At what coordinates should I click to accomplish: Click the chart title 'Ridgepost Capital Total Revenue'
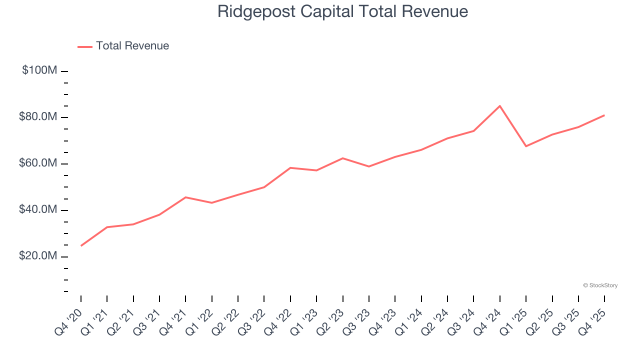(x=342, y=11)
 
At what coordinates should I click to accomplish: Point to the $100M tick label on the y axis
(x=39, y=70)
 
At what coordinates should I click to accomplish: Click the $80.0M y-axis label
(x=38, y=117)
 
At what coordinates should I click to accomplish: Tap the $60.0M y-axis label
(x=38, y=163)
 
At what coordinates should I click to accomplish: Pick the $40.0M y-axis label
(x=38, y=210)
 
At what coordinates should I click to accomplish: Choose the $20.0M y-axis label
(x=38, y=256)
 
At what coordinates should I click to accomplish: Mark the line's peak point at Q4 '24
(x=500, y=106)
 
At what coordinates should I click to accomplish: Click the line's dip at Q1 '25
(x=526, y=146)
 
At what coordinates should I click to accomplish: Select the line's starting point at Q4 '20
(x=81, y=245)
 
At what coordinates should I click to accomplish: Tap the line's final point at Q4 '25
(x=604, y=115)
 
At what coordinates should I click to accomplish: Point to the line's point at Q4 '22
(x=290, y=168)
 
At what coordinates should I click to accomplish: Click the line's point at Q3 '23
(x=369, y=166)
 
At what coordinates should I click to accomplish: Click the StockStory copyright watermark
(x=600, y=285)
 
